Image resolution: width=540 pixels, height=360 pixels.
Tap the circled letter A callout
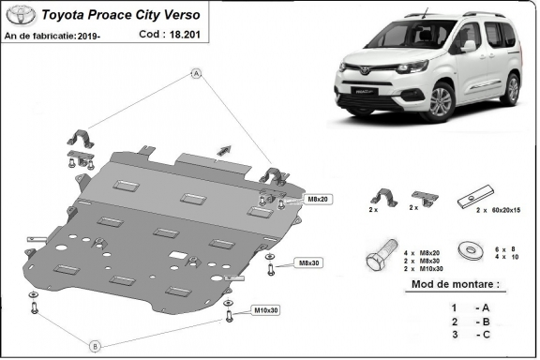(x=197, y=73)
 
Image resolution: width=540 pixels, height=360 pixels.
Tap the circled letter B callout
(x=95, y=345)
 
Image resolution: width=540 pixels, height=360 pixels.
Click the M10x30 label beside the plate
(x=266, y=310)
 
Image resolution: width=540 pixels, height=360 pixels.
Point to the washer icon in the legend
(x=467, y=251)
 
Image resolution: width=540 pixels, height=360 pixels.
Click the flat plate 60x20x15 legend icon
(x=470, y=202)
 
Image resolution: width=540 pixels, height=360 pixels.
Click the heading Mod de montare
(x=455, y=284)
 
